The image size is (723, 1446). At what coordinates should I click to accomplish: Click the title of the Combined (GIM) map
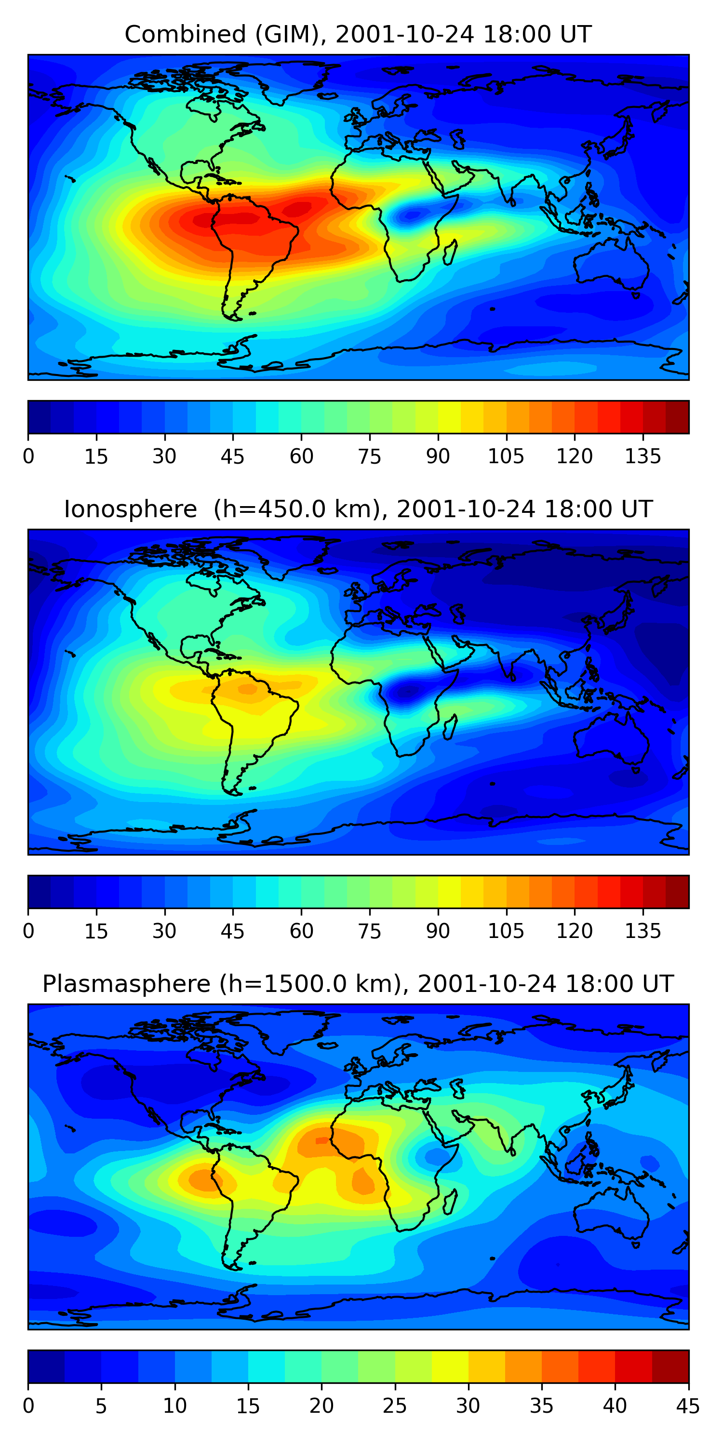[x=358, y=34]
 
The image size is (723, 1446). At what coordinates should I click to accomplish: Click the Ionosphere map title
[x=358, y=509]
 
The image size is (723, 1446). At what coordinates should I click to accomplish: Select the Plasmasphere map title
[x=358, y=984]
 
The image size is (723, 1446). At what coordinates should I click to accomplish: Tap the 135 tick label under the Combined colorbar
[x=642, y=456]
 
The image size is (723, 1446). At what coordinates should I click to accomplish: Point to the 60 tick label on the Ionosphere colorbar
[x=301, y=931]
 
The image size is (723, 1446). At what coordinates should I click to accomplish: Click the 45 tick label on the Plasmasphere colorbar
[x=688, y=1406]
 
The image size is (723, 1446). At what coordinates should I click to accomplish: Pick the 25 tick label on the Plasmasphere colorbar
[x=395, y=1406]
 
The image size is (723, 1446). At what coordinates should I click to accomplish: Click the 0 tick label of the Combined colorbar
[x=28, y=456]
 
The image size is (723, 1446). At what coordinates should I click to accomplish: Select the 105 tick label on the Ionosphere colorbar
[x=506, y=931]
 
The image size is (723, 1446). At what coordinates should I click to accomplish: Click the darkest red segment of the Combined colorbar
[x=677, y=417]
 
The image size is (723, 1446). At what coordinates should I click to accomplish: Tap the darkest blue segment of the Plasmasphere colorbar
[x=46, y=1366]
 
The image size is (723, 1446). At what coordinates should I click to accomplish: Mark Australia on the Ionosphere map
[x=612, y=741]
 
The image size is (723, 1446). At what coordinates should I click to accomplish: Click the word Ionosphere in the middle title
[x=130, y=509]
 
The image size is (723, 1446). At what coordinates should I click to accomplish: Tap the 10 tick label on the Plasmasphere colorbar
[x=174, y=1406]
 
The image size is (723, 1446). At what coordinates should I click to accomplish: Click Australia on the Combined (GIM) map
[x=612, y=266]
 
